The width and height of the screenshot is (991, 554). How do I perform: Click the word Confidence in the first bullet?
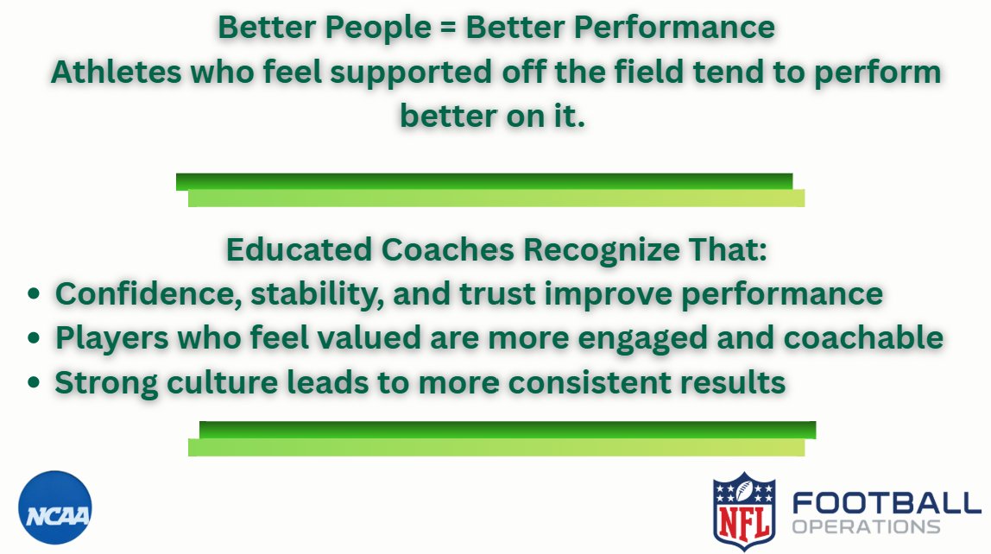[x=146, y=293]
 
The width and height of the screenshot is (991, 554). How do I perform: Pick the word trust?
[x=496, y=293]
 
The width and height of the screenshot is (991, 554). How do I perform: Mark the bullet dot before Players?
[x=34, y=339]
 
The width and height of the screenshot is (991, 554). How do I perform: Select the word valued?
[x=376, y=338]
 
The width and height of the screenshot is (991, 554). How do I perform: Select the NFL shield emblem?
[x=744, y=512]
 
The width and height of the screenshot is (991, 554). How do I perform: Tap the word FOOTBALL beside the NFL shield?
[x=887, y=502]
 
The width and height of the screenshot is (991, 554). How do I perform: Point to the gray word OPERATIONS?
[x=866, y=526]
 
